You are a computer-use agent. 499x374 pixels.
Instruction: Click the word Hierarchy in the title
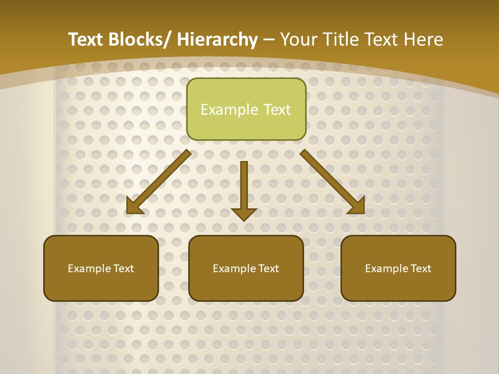[x=217, y=39]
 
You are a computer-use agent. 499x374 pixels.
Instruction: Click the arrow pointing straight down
[x=244, y=187]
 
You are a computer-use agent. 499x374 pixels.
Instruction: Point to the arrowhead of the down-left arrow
[x=134, y=207]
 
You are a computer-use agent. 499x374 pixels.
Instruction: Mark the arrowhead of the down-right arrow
[x=357, y=206]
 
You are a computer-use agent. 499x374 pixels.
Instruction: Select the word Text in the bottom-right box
[x=421, y=269]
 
